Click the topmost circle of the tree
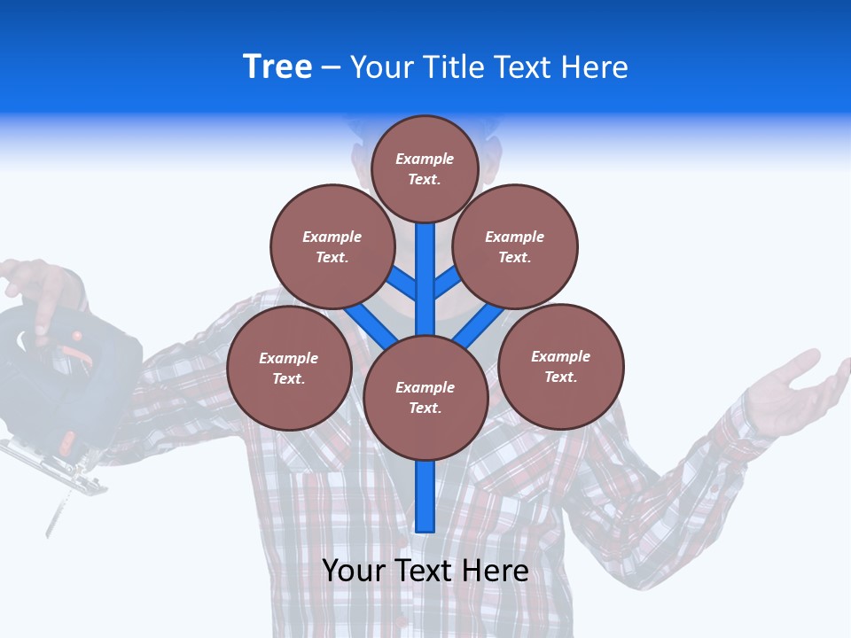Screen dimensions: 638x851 [x=425, y=169]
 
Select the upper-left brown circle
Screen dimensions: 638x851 [x=332, y=247]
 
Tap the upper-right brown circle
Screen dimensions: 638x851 [x=515, y=247]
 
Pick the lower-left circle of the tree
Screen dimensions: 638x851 [x=289, y=369]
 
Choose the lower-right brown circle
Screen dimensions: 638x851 [x=560, y=367]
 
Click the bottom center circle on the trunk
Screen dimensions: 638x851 [x=425, y=398]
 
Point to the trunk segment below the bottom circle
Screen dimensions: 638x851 [x=425, y=496]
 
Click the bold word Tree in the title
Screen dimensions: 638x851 [x=277, y=66]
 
